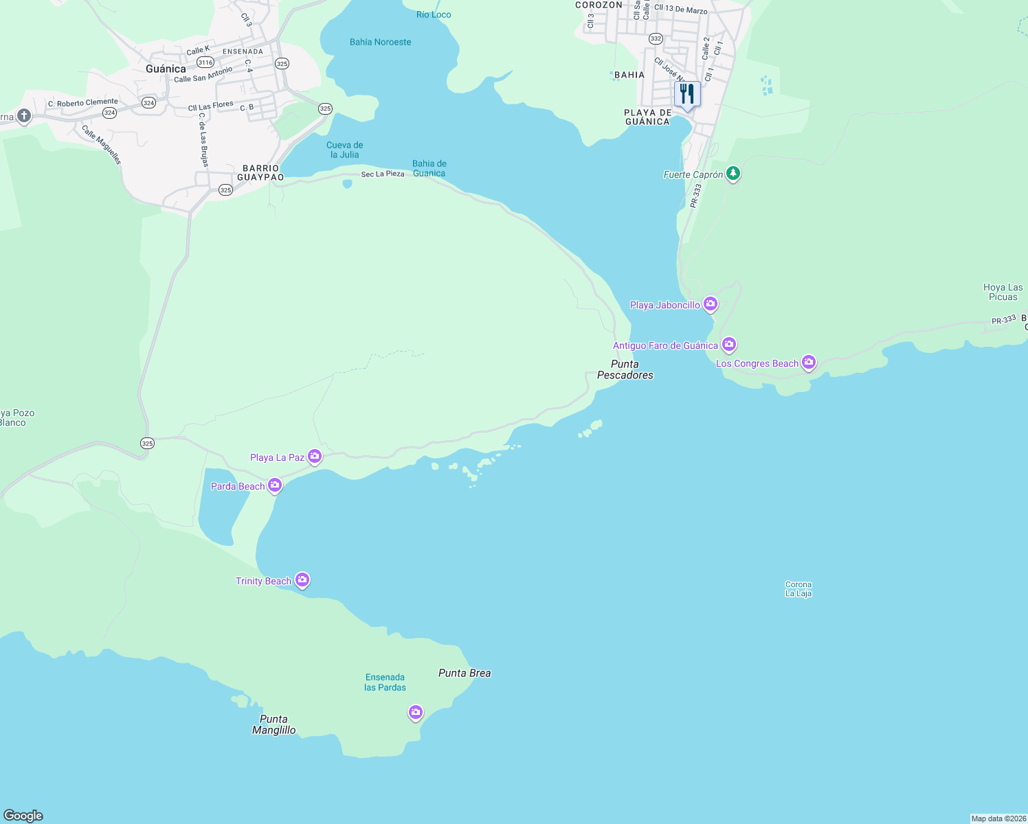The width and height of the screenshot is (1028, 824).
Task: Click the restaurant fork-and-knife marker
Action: pos(687,94)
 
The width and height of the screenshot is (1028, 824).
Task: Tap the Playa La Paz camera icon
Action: pos(315,456)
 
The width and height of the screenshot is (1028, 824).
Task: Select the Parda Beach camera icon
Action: pos(275,485)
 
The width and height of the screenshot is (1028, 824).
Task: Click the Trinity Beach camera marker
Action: pos(302,580)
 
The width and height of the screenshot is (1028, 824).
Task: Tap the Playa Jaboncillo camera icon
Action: pos(711,304)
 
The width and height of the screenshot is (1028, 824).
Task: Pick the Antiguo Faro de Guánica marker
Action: pos(729,344)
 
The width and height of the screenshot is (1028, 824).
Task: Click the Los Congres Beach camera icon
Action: pos(809,362)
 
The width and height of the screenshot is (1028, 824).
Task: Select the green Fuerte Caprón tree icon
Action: pos(733,173)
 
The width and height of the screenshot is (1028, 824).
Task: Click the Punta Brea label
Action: pos(465,673)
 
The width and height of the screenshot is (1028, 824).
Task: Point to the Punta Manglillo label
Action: pos(273,724)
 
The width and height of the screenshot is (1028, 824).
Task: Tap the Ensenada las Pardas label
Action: pos(385,682)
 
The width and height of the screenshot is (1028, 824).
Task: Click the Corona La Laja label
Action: pos(798,589)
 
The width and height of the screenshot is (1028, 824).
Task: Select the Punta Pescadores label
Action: pos(625,369)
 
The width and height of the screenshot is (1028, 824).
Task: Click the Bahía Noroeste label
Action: pos(380,42)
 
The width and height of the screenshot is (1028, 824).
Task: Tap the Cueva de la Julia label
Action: pos(344,150)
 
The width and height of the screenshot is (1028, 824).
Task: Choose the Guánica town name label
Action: pos(166,69)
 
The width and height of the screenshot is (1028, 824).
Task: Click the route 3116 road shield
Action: pos(205,62)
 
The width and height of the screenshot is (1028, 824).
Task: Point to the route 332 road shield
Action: pos(656,38)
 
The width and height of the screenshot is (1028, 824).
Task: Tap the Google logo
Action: pos(23,815)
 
